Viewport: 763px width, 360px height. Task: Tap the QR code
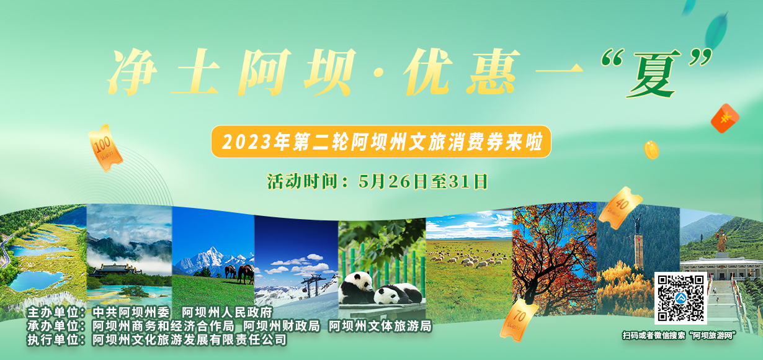(680, 299)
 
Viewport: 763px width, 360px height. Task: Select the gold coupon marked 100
(105, 148)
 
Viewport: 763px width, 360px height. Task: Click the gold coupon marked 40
(620, 207)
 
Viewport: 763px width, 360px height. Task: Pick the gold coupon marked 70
(519, 320)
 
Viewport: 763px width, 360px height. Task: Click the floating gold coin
(651, 150)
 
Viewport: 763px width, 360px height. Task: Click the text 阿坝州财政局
(282, 326)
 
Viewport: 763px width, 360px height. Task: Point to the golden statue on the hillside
(721, 241)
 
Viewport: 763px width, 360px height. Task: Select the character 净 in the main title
(132, 72)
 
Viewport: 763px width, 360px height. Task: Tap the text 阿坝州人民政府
(227, 312)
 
